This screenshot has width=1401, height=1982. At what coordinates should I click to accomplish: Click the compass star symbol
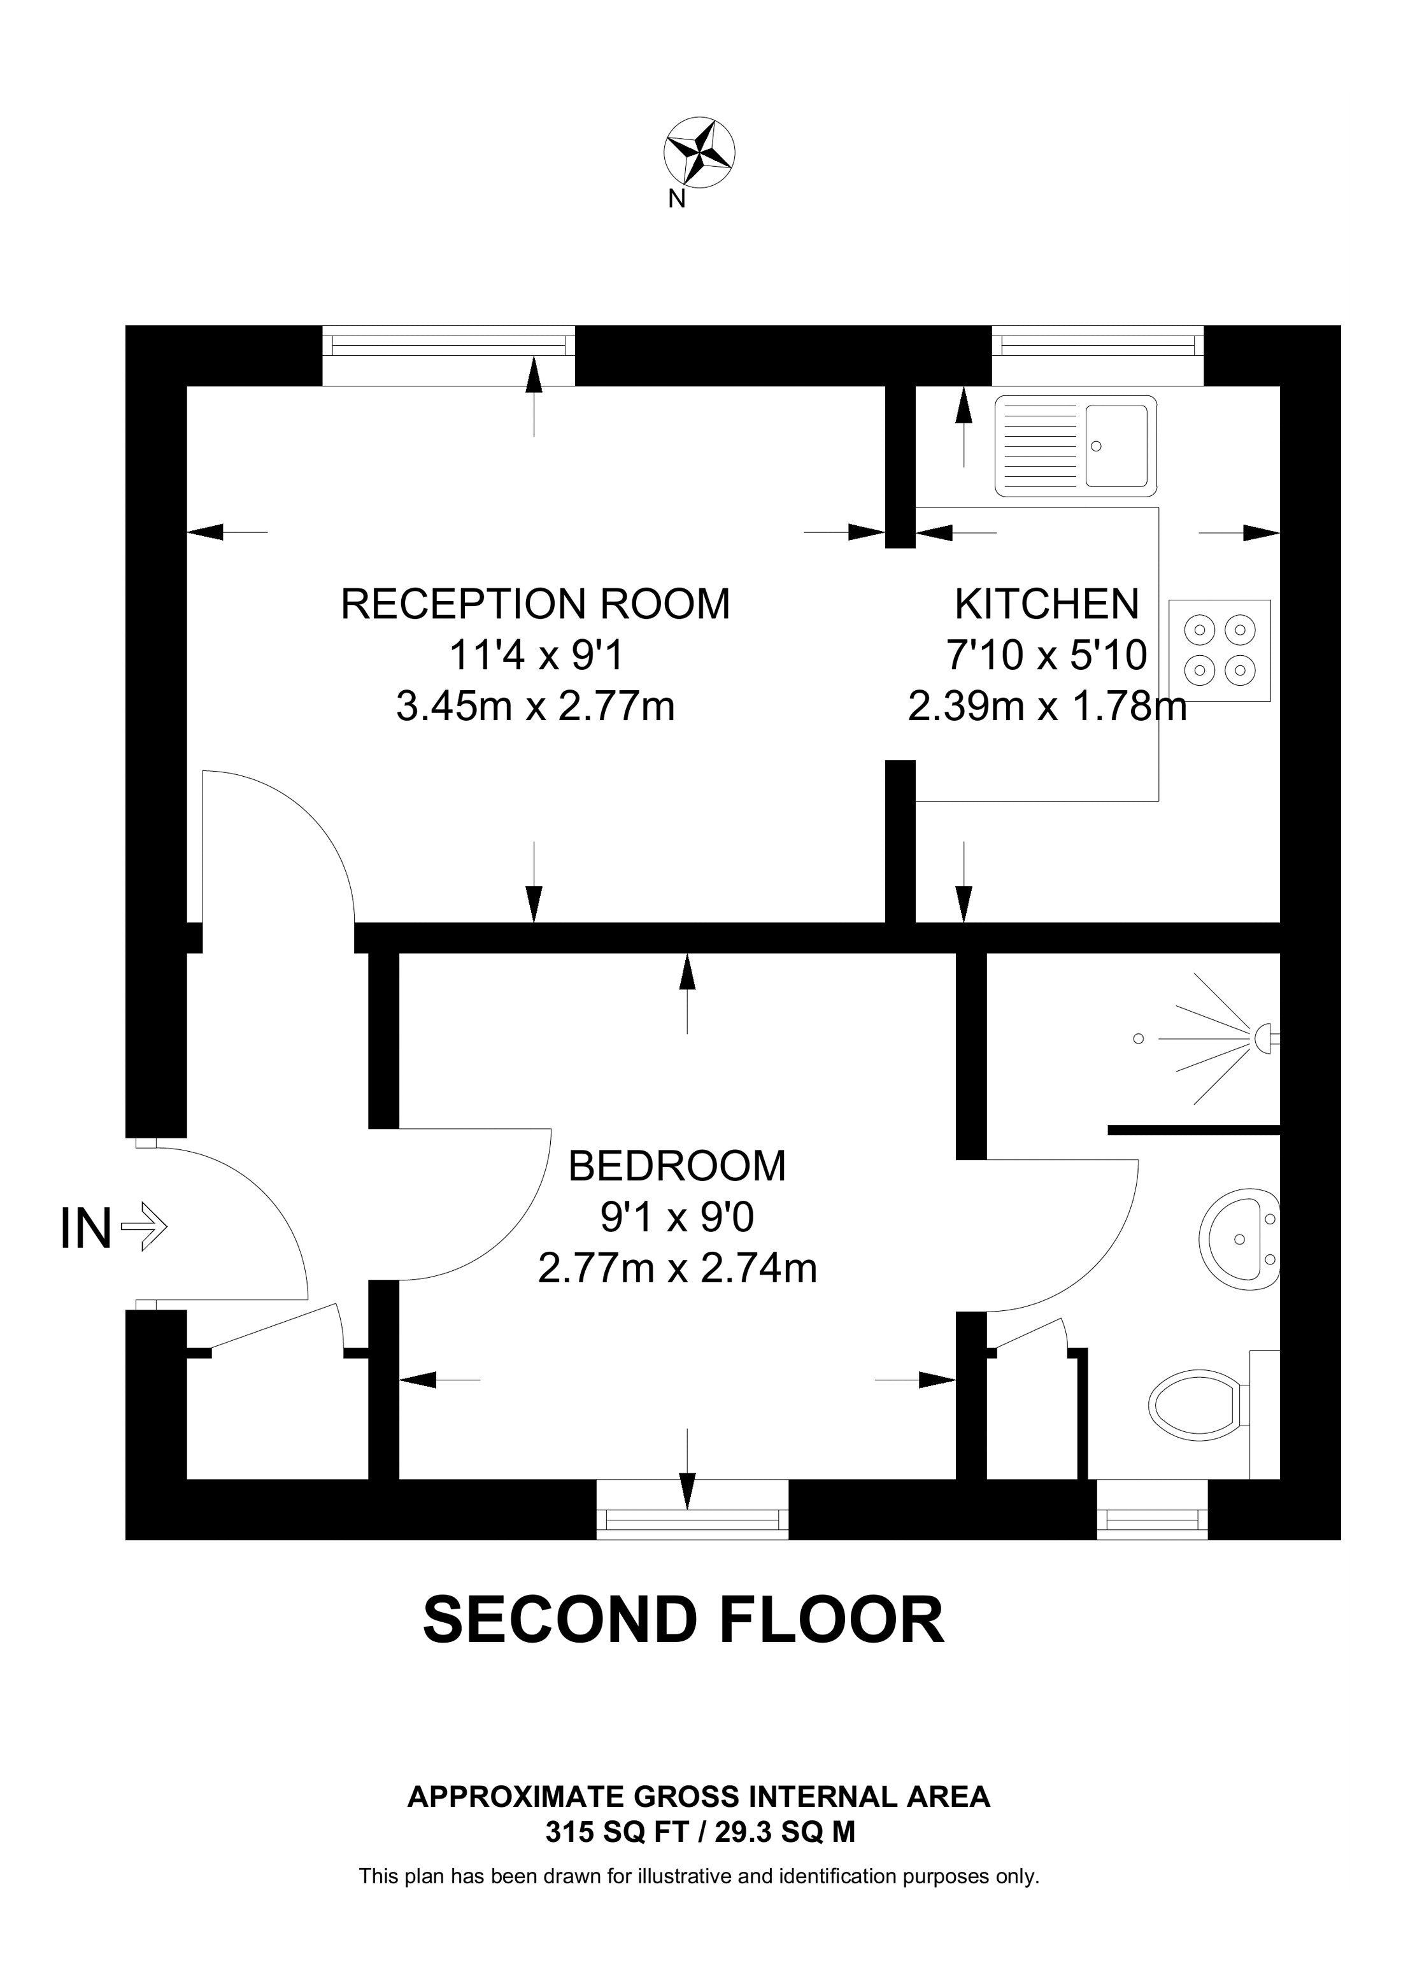pos(699,153)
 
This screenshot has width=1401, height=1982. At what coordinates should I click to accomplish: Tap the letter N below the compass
pos(677,199)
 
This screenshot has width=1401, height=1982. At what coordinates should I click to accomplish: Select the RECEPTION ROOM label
pos(535,604)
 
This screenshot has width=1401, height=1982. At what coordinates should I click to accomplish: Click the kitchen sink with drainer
pos(1075,446)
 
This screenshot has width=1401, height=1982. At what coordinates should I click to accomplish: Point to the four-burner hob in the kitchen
pos(1219,649)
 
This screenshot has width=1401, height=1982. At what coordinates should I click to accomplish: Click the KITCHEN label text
pos(1046,604)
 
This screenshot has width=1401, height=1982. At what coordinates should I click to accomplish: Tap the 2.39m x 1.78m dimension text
pos(1046,706)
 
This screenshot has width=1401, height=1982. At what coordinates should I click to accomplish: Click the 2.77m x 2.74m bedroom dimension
pos(677,1268)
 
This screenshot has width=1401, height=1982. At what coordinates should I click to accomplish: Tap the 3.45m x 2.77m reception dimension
pos(535,706)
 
